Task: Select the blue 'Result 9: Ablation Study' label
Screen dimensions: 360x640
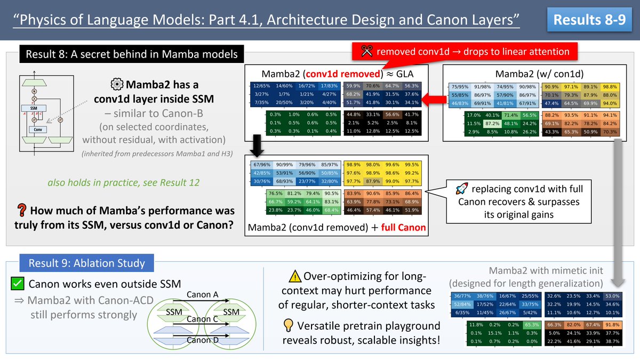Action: pos(86,263)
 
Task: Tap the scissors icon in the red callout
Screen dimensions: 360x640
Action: pos(366,52)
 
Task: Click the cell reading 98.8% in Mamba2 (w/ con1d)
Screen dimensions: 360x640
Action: pos(609,86)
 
